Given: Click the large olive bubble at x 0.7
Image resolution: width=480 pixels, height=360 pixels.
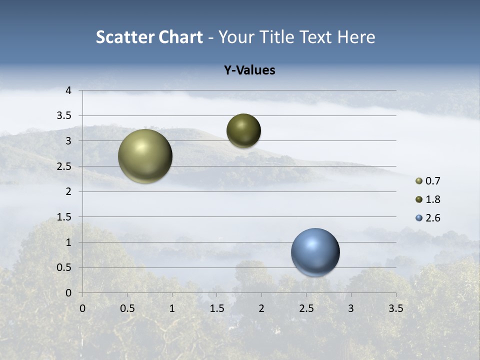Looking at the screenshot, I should coord(145,156).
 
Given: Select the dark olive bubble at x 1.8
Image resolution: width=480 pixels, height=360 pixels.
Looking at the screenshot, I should coord(243,130).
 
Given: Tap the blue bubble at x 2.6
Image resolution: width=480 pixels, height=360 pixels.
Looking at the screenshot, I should coord(315,252).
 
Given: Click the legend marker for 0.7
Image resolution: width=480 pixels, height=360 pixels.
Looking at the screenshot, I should coord(419,181).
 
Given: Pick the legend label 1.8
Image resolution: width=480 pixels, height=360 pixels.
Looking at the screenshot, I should coord(432,199).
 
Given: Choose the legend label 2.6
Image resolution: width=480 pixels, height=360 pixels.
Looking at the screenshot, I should coord(432,218).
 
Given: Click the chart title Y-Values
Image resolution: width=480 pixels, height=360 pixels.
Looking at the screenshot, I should coord(249,70).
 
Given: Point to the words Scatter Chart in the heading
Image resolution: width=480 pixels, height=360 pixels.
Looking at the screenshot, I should coord(149,37).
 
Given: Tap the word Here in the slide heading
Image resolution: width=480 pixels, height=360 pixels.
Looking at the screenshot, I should coord(356,37).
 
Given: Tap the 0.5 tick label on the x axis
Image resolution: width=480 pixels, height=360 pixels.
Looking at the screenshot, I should coord(127,308).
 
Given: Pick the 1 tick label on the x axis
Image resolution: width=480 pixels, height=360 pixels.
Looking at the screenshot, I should coord(172,308).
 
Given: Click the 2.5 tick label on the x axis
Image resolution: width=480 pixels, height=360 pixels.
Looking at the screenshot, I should coord(306,308).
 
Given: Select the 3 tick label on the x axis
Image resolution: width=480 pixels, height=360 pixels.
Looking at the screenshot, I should coord(351,308).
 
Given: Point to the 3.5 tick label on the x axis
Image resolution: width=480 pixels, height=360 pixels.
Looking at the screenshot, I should coord(395,308).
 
